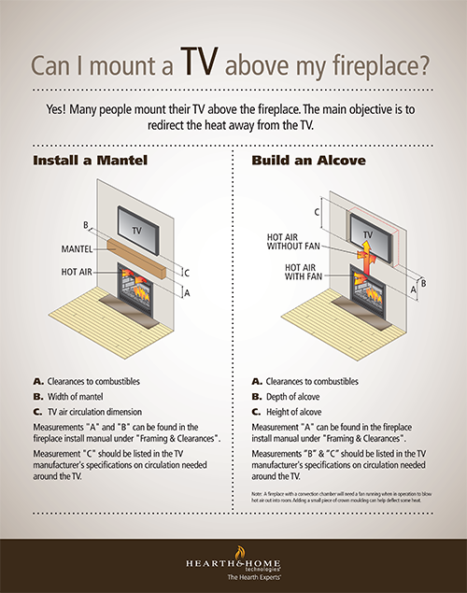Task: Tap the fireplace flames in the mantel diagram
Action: pos(138,286)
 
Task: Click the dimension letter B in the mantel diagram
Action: pos(86,225)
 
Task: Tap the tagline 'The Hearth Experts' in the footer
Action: pos(232,577)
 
